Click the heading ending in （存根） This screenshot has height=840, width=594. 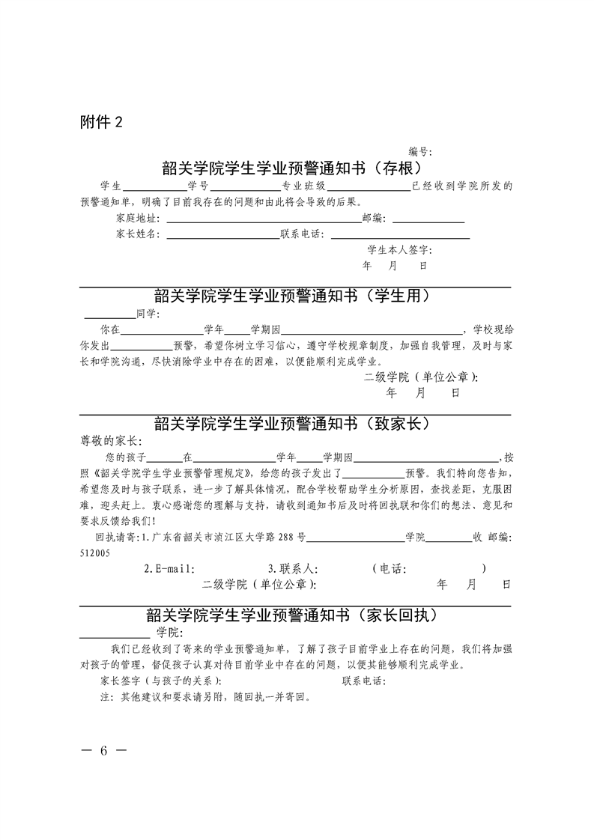(297, 167)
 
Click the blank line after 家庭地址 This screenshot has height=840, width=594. (262, 222)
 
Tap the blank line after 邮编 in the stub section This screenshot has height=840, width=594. (428, 222)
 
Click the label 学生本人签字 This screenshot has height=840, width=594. (398, 250)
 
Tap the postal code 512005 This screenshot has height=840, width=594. (95, 553)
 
